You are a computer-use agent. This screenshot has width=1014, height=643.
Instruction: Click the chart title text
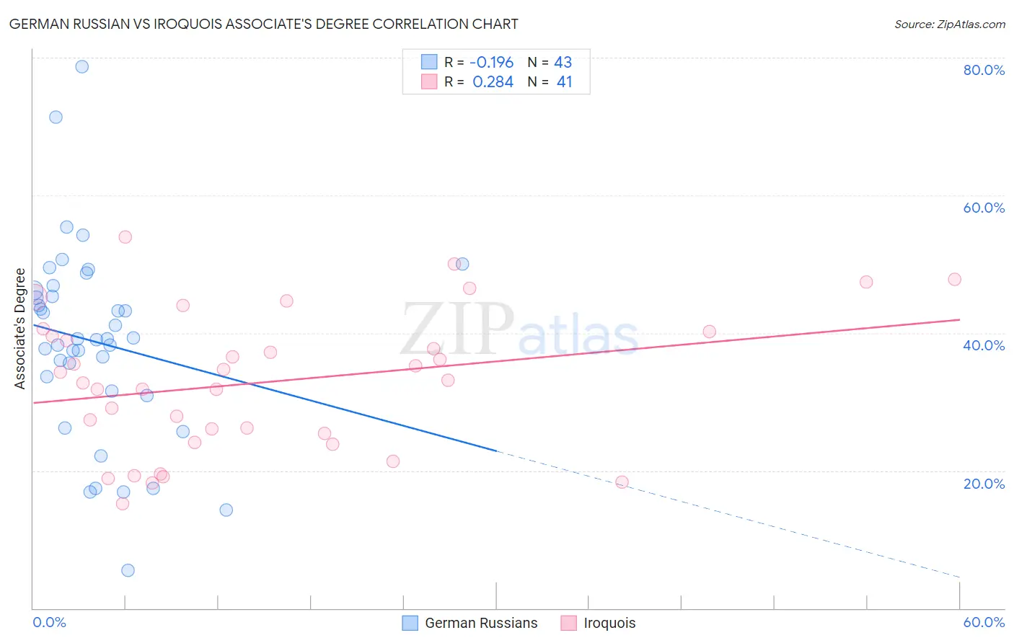(263, 25)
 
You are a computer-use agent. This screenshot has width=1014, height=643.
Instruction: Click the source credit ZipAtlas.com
(949, 25)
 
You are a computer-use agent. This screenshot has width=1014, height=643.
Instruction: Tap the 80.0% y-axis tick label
(984, 70)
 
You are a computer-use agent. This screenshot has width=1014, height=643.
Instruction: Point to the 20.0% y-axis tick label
(984, 483)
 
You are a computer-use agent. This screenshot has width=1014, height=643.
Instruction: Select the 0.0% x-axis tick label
(49, 622)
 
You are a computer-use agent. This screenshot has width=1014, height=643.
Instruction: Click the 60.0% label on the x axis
(984, 622)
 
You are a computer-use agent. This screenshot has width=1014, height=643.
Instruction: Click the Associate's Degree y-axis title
(20, 329)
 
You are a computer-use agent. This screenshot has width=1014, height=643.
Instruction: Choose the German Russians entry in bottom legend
(481, 623)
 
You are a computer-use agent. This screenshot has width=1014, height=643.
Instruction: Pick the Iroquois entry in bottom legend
(609, 623)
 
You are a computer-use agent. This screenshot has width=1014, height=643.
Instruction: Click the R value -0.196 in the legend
(493, 63)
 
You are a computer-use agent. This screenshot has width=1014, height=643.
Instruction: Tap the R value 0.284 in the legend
(493, 82)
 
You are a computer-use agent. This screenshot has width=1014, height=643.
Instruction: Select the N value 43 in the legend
(563, 63)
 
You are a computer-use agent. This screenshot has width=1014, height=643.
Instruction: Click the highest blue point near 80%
(82, 66)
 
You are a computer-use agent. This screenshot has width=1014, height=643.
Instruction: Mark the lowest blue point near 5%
(128, 570)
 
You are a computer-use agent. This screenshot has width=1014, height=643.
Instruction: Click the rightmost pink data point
(954, 280)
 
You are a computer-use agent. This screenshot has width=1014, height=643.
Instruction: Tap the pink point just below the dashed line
(622, 482)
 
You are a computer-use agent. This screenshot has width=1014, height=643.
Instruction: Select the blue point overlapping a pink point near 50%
(462, 264)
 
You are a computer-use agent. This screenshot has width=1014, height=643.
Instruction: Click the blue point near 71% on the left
(56, 117)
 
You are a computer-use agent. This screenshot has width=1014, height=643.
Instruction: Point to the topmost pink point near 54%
(125, 236)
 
